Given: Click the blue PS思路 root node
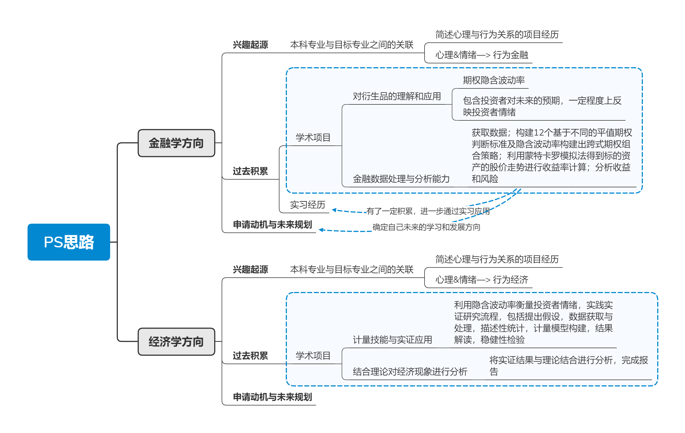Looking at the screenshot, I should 69,242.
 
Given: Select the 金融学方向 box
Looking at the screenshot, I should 176,143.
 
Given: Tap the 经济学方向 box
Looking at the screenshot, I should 176,341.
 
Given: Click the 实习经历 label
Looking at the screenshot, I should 307,205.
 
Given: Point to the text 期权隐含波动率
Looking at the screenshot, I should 494,80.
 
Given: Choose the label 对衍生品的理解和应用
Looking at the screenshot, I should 396,96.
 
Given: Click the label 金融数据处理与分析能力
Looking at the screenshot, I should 401,179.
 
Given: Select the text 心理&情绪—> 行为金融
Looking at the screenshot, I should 482,55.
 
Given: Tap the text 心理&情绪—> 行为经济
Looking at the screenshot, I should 482,280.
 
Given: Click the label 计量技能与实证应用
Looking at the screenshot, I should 392,340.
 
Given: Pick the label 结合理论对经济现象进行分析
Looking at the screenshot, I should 410,372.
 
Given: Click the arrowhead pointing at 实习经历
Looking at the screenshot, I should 334,210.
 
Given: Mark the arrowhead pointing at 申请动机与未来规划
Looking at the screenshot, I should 321,230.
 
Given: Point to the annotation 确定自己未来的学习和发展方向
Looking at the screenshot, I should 426,227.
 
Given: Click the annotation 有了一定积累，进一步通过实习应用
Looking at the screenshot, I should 428,211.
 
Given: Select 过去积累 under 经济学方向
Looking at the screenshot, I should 250,356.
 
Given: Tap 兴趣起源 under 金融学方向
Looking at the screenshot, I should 250,45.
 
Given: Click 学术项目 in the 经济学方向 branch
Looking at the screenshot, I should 313,356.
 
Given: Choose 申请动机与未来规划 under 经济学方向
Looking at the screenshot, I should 272,397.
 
